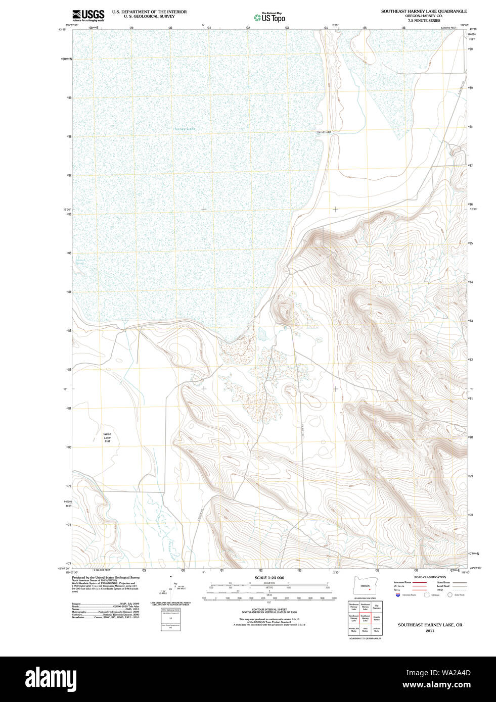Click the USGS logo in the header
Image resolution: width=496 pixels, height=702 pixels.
pyautogui.click(x=88, y=15)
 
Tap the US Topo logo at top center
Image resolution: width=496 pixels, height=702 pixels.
pyautogui.click(x=269, y=17)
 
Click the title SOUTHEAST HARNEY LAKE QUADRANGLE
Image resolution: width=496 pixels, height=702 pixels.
pyautogui.click(x=424, y=11)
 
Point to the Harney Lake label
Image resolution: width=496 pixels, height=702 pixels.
pyautogui.click(x=185, y=129)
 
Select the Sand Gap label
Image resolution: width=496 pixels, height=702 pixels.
pyautogui.click(x=324, y=132)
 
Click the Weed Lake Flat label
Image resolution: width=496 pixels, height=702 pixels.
pyautogui.click(x=107, y=437)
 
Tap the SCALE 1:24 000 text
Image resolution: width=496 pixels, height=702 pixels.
pyautogui.click(x=269, y=578)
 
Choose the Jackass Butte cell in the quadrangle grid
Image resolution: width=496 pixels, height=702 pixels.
pyautogui.click(x=377, y=630)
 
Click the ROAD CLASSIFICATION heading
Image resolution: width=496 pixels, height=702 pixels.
pyautogui.click(x=430, y=577)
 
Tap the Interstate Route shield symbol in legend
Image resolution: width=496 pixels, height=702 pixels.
pyautogui.click(x=398, y=595)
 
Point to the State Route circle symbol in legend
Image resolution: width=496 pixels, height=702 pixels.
pyautogui.click(x=449, y=595)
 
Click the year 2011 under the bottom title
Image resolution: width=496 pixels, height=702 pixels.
pyautogui.click(x=430, y=631)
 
